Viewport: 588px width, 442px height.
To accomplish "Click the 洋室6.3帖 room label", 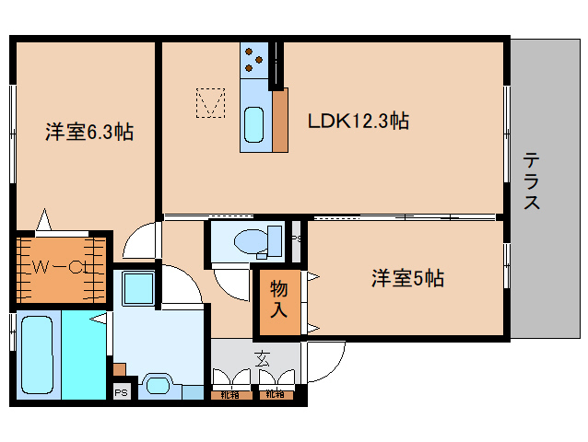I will click(89, 133).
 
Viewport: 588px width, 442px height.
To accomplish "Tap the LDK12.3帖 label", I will click(359, 120).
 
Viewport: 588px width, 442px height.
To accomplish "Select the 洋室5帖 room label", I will click(407, 277).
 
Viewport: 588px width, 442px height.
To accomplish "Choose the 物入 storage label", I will click(278, 300).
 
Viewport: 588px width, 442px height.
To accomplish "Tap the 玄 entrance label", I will click(262, 358).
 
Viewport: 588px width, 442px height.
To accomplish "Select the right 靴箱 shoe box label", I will click(274, 395).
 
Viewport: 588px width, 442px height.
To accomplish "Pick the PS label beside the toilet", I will click(295, 239).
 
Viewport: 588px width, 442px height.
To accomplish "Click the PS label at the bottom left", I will click(121, 392).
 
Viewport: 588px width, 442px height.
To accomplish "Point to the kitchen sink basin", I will click(253, 122).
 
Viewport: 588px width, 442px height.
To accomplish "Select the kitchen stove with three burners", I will click(253, 63).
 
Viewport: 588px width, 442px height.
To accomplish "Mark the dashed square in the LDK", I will click(210, 102).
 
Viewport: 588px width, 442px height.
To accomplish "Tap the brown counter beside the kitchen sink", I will click(279, 119).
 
